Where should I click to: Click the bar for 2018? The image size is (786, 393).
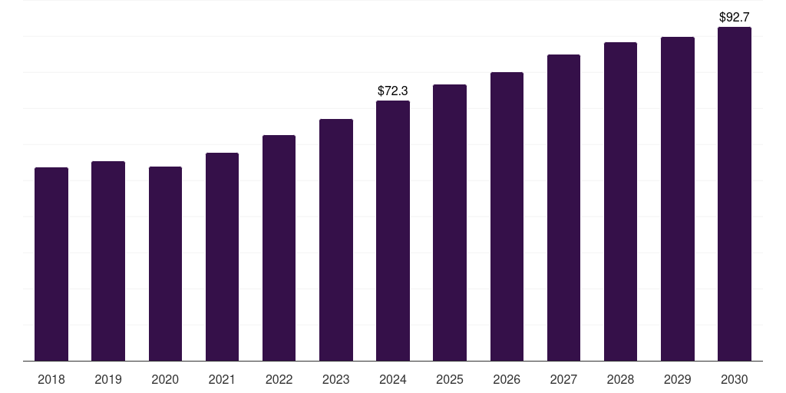[51, 264]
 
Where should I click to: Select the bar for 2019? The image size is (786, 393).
[108, 261]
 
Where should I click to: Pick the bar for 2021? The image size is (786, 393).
[222, 256]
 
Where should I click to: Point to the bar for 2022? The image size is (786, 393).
[279, 248]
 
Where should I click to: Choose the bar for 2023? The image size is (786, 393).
[336, 239]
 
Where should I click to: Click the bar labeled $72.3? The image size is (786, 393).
[393, 230]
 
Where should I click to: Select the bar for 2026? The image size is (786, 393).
[507, 216]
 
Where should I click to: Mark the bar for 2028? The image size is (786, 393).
[620, 201]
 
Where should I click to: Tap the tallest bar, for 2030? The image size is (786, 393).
[735, 193]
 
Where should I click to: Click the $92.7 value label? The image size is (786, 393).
[735, 15]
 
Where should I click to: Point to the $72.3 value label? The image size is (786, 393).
[393, 91]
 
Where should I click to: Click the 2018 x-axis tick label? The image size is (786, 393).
[51, 379]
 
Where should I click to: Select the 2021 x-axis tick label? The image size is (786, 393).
[222, 379]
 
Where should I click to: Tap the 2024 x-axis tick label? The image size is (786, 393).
[393, 379]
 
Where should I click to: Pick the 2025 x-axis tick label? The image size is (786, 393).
[450, 379]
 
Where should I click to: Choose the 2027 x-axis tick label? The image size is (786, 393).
[563, 379]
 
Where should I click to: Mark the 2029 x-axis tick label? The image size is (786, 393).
[678, 379]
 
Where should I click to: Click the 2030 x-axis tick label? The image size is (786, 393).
[735, 379]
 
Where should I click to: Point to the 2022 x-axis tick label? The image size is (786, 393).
[279, 379]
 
